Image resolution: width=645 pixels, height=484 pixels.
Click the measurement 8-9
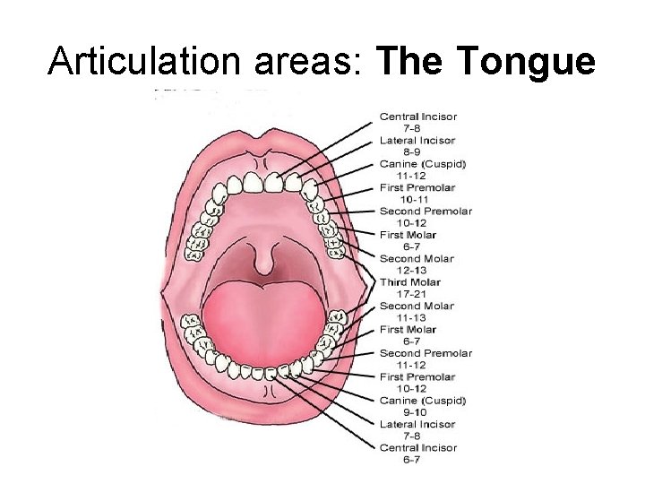pos(411,152)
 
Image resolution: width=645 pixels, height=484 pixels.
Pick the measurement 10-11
pos(411,200)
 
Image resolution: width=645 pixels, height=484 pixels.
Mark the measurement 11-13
pos(411,317)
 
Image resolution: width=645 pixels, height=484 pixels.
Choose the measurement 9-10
pos(411,412)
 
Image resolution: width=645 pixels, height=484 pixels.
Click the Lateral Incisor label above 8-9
pos(417,141)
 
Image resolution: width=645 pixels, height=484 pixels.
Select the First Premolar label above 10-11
pos(417,188)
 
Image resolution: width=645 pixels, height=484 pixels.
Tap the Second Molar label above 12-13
pos(417,259)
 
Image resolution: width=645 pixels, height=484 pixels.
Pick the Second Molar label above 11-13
pos(417,306)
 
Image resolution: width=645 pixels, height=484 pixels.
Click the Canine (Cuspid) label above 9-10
pos(423,401)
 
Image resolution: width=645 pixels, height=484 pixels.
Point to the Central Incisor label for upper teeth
pos(418,117)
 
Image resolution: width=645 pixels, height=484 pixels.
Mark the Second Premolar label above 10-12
pos(425,212)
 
